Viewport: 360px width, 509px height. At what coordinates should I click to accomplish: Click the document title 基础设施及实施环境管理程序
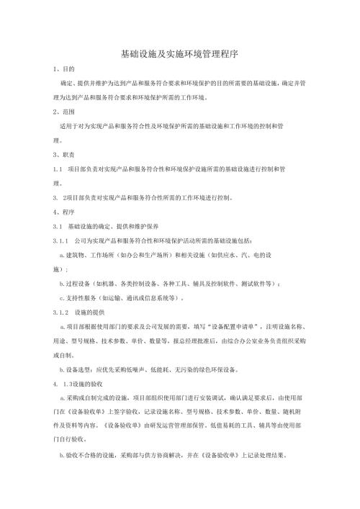180,54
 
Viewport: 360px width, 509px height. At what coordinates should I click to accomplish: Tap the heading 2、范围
56,113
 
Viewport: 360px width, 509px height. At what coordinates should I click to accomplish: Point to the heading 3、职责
56,155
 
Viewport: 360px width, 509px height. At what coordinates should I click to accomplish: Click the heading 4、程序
56,212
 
